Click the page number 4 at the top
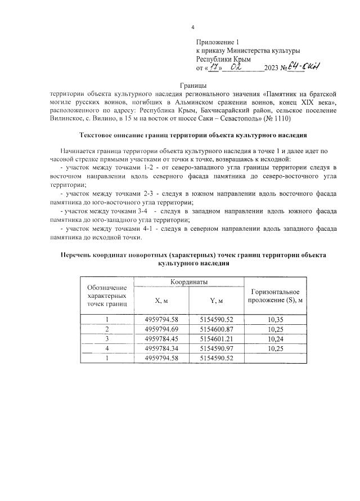192,28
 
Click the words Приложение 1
218,42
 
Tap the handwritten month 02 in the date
244,67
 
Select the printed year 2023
275,69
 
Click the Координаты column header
189,281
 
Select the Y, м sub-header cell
217,300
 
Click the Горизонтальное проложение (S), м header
276,295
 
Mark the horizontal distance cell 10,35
276,319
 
